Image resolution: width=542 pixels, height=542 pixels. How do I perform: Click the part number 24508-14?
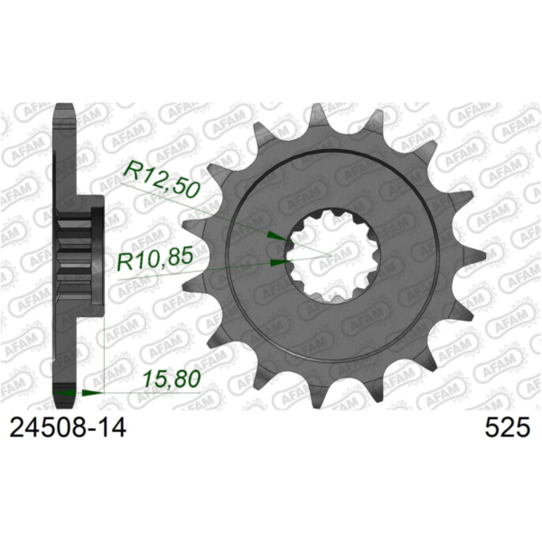(x=68, y=428)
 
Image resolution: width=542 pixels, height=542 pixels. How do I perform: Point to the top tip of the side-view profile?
(x=64, y=107)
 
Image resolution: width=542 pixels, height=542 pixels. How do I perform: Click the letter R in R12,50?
(x=131, y=171)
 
